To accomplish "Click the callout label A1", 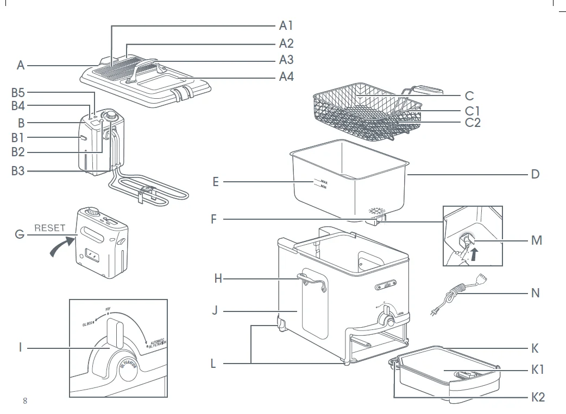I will [286, 26].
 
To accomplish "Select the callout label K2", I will [538, 397].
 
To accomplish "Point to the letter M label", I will [537, 240].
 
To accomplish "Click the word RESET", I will [50, 228].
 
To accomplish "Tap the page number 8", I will [25, 401].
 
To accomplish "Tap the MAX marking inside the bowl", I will [324, 182].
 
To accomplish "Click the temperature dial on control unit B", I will [111, 116].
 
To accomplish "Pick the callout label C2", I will [473, 123].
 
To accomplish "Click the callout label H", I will [218, 279].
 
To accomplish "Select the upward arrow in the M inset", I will [476, 253].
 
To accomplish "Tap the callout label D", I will [536, 175].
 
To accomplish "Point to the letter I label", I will [21, 347].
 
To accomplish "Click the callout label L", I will [213, 364].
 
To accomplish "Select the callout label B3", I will [18, 171].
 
